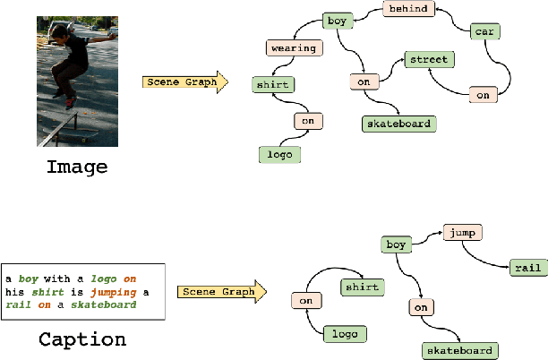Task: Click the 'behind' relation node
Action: (x=408, y=9)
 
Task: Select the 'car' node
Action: (x=485, y=32)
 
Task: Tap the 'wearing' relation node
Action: (x=293, y=47)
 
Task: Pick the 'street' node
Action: (x=429, y=60)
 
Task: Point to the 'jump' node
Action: (x=462, y=233)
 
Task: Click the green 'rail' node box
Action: (x=523, y=267)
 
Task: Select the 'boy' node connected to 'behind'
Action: (x=337, y=19)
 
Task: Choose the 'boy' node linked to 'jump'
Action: (x=396, y=244)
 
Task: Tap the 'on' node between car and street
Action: (x=483, y=94)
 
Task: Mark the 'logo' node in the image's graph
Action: (x=278, y=154)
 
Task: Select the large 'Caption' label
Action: (x=81, y=339)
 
